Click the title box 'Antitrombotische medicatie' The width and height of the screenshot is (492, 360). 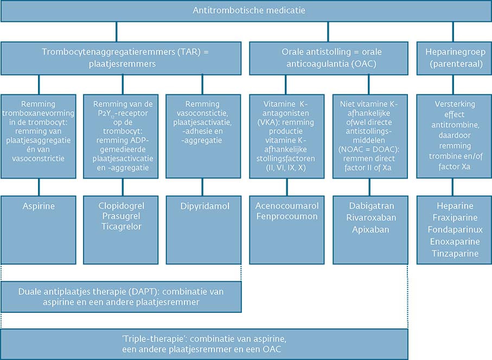click(246, 10)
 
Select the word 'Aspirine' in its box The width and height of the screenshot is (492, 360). click(39, 206)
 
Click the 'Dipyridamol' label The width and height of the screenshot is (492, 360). click(203, 206)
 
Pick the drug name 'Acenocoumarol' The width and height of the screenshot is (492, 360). click(287, 206)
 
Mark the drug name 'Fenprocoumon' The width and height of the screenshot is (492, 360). click(287, 217)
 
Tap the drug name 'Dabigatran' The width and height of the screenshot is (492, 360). click(369, 206)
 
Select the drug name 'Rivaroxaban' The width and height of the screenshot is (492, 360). click(369, 217)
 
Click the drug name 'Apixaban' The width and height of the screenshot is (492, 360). click(369, 229)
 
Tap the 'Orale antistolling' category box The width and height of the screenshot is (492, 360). click(328, 58)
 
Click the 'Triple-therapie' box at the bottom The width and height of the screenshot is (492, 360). click(205, 344)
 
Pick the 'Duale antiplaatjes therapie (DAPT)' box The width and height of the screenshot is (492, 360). click(121, 296)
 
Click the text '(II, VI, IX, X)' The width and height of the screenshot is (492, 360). click(287, 168)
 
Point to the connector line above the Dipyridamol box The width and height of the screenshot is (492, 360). click(203, 187)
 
